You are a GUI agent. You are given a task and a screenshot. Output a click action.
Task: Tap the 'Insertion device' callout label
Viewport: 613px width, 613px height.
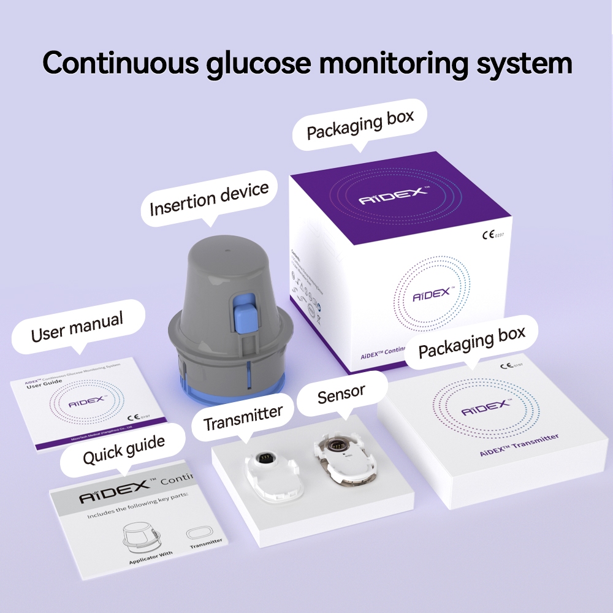pyautogui.click(x=210, y=199)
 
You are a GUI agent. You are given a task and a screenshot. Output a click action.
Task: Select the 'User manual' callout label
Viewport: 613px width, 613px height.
pyautogui.click(x=77, y=327)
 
